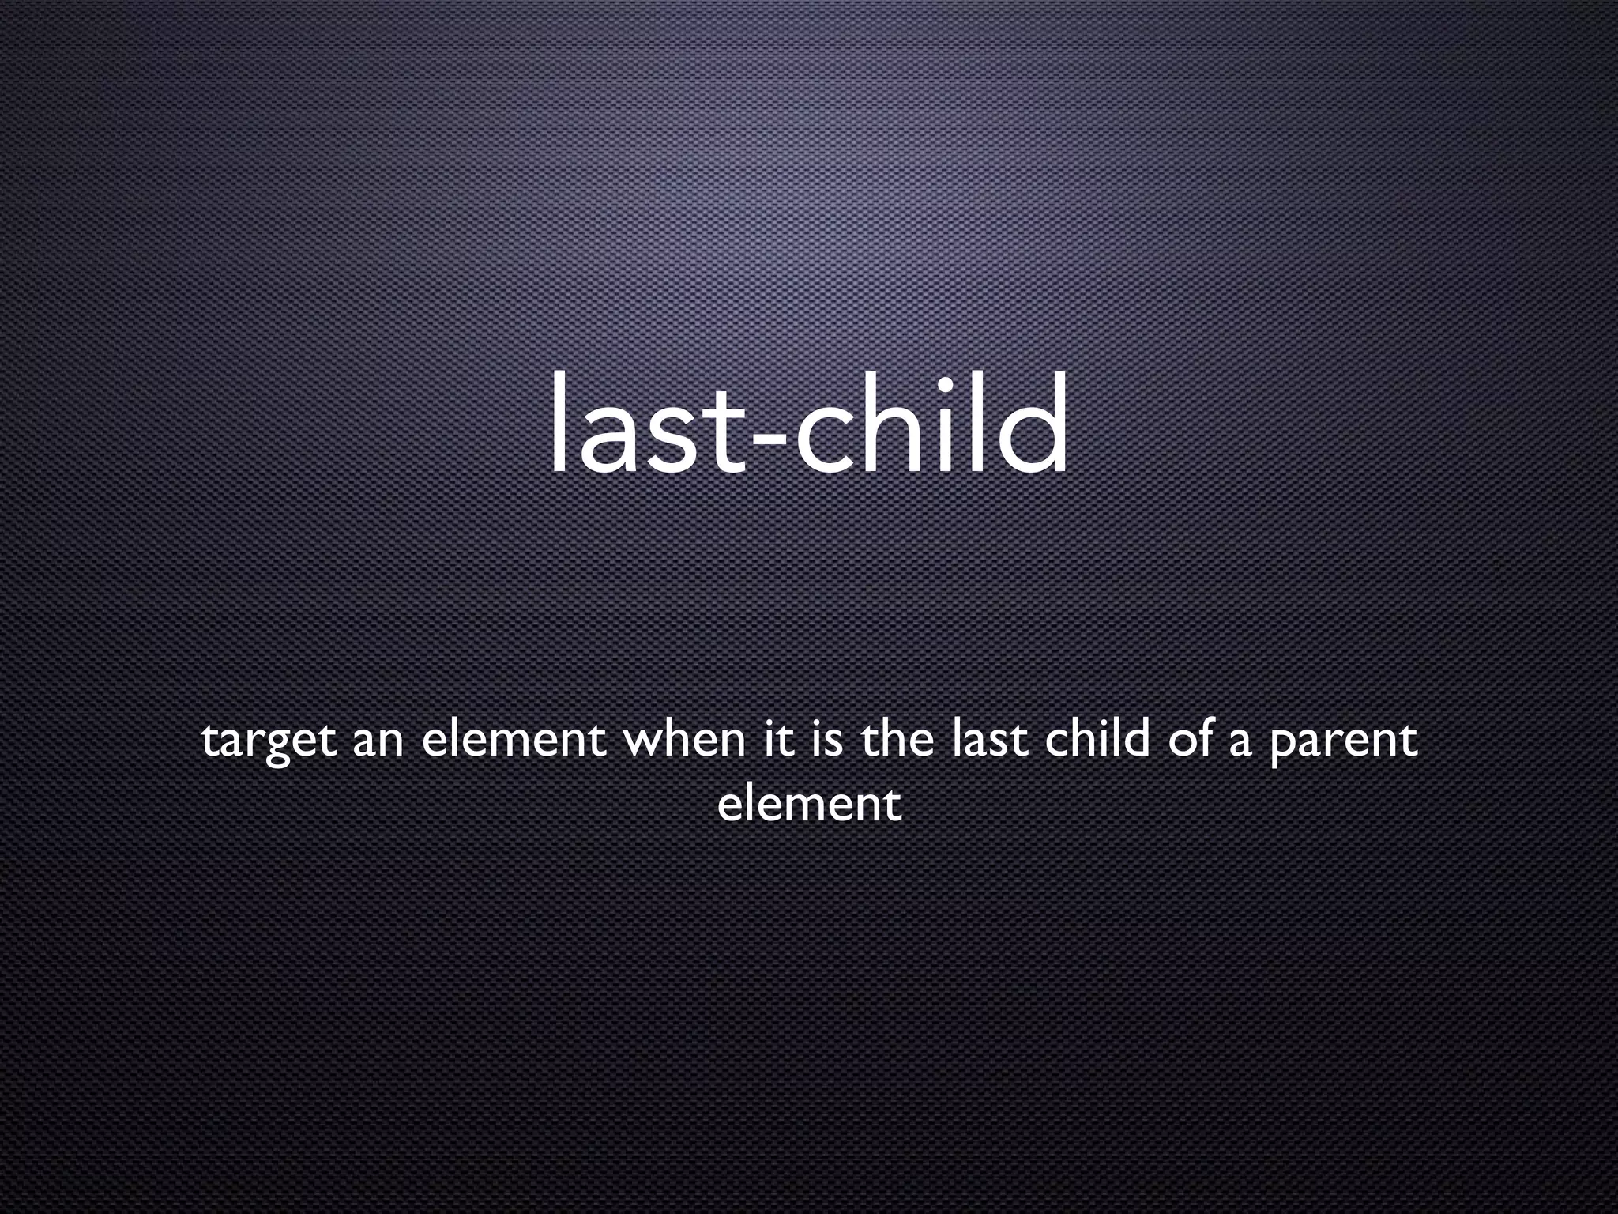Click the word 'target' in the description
pyautogui.click(x=269, y=742)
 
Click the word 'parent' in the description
pyautogui.click(x=1342, y=744)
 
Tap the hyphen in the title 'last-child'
pyautogui.click(x=769, y=439)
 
